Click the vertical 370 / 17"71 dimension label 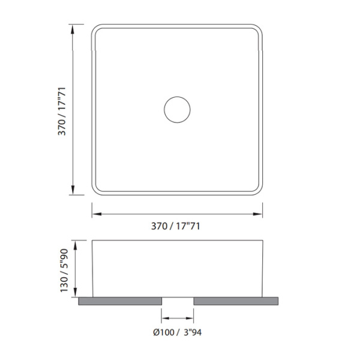coord(62,112)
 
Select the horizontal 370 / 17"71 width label coord(176,226)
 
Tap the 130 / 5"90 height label coord(64,271)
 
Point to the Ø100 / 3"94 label coord(178,332)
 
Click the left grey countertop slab coord(120,301)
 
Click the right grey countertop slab coord(236,301)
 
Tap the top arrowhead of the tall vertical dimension coord(73,29)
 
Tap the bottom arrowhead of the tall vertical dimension coord(73,190)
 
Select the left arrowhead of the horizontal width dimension coord(97,214)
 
